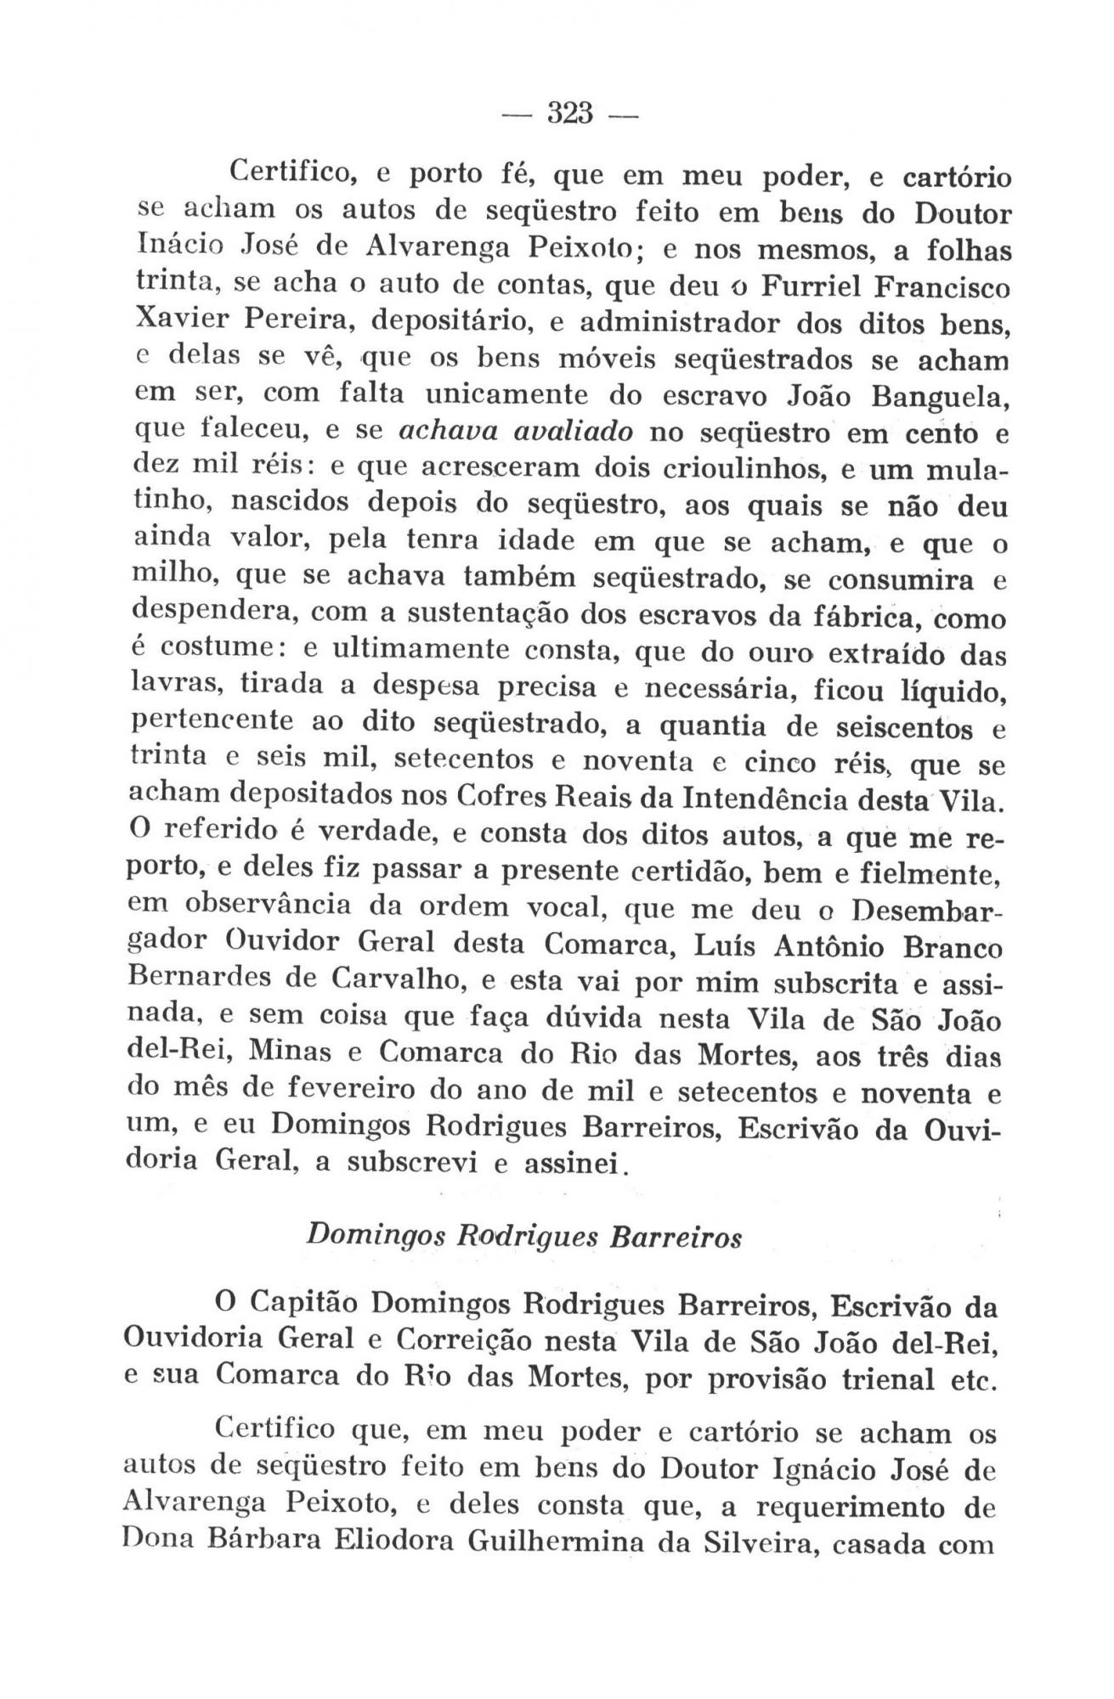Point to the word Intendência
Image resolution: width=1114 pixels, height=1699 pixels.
tap(778, 799)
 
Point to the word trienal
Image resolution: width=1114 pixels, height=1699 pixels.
tap(861, 1377)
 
